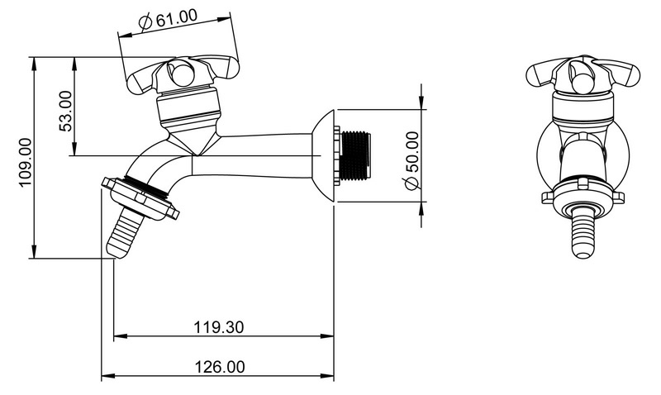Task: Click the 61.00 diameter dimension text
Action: click(177, 18)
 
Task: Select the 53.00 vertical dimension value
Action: click(67, 111)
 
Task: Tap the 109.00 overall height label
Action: click(26, 162)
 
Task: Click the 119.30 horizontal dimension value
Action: click(218, 327)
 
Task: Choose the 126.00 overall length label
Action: click(219, 367)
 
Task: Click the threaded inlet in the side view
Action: click(355, 155)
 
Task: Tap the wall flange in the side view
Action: click(323, 155)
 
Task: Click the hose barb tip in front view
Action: click(583, 253)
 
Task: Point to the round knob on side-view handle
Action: click(181, 74)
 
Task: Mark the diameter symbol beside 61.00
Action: click(145, 23)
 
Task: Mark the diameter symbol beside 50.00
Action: click(411, 183)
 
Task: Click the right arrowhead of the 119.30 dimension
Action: click(327, 336)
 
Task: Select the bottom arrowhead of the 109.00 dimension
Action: click(34, 252)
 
